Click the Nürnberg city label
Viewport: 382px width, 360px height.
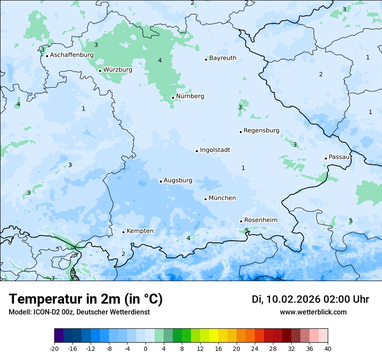click(190, 96)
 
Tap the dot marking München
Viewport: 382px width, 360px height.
click(205, 199)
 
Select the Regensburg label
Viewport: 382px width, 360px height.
click(261, 131)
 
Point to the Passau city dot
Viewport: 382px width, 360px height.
click(326, 158)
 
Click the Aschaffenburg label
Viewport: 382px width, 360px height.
click(72, 55)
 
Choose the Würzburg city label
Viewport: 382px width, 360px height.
click(118, 70)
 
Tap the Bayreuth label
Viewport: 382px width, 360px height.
click(223, 58)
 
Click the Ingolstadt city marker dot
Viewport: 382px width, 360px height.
click(197, 151)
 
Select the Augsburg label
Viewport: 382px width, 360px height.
click(178, 180)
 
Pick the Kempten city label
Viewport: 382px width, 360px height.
click(140, 231)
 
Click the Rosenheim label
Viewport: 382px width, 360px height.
click(260, 220)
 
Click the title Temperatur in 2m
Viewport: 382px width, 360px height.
click(86, 299)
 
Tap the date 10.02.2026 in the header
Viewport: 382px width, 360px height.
click(293, 299)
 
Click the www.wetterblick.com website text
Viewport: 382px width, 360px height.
click(313, 312)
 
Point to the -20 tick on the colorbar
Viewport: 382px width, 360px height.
click(54, 349)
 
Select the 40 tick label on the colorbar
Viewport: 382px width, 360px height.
click(328, 349)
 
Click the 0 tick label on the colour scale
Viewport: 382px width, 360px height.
click(145, 349)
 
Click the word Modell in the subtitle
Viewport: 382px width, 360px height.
click(19, 312)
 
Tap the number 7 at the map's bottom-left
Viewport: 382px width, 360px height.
click(53, 278)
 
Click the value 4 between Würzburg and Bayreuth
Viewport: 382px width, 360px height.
click(160, 60)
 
